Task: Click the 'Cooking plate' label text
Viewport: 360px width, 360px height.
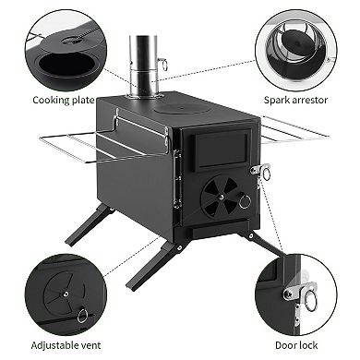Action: pyautogui.click(x=64, y=100)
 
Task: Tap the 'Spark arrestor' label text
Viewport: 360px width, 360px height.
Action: pyautogui.click(x=296, y=100)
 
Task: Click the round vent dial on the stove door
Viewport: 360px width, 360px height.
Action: pyautogui.click(x=219, y=194)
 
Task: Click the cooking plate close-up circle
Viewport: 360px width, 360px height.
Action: pyautogui.click(x=64, y=48)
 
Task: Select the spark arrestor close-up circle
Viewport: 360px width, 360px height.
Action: pyautogui.click(x=296, y=48)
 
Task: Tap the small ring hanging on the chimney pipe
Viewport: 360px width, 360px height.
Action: pyautogui.click(x=162, y=64)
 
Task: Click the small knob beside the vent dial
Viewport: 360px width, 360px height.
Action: pyautogui.click(x=246, y=201)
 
